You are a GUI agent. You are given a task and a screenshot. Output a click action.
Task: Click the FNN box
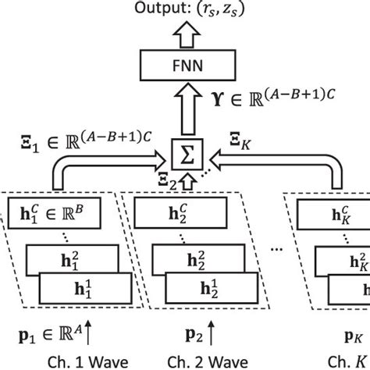pos(186,66)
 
